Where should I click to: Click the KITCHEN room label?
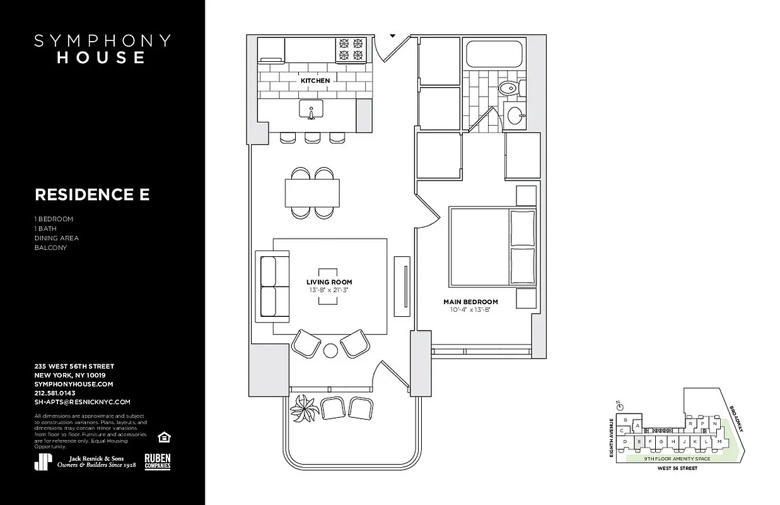pos(315,81)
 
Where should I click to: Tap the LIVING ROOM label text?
pos(329,282)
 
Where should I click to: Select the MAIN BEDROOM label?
pos(470,302)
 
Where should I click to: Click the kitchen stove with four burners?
pos(352,50)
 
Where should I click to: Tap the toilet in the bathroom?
pos(508,88)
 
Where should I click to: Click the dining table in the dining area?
pos(313,193)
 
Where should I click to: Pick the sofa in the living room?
pos(272,287)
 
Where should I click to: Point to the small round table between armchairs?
pos(331,350)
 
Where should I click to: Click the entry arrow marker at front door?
pos(393,36)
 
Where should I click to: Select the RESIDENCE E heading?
pos(92,195)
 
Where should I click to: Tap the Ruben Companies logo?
pos(158,462)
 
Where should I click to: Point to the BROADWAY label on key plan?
pos(736,418)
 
